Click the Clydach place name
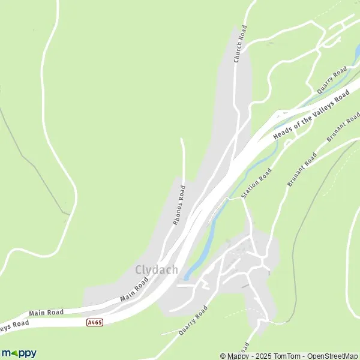tap(157, 270)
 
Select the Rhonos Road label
tap(179, 205)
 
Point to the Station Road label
tap(256, 184)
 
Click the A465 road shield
tap(95, 322)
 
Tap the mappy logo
tap(19, 353)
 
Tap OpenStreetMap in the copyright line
tap(332, 356)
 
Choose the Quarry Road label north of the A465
tap(332, 80)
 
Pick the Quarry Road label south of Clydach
tap(193, 320)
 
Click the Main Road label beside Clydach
tap(134, 289)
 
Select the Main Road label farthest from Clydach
tap(46, 313)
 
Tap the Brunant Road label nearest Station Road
tap(302, 170)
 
